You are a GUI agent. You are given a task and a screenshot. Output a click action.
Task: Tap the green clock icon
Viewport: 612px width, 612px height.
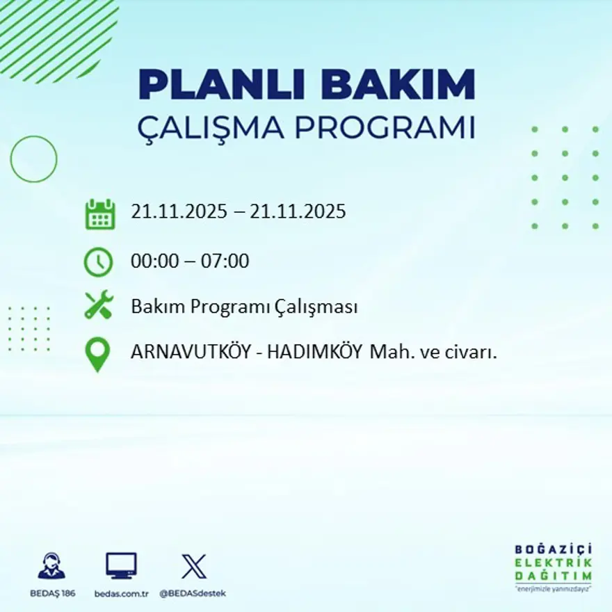point(98,262)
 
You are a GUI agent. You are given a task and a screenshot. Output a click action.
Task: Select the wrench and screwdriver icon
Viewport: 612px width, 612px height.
point(98,306)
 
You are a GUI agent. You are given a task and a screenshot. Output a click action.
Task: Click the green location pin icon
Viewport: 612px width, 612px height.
point(98,354)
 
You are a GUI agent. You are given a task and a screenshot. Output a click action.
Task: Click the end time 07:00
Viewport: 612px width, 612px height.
point(226,262)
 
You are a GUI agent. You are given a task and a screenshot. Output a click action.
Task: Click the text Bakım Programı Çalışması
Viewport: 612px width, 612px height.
point(244,307)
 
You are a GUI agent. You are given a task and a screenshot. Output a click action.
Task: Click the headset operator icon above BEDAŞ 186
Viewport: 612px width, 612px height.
point(51,566)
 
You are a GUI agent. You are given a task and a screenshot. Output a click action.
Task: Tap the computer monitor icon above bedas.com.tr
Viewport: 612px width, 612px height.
point(121,566)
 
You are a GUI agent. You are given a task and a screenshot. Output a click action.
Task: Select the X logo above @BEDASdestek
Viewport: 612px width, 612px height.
point(193,566)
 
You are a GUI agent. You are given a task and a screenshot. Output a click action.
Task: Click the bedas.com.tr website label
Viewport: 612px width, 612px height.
point(122,593)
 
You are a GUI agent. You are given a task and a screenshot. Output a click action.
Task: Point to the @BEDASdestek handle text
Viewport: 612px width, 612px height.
point(193,593)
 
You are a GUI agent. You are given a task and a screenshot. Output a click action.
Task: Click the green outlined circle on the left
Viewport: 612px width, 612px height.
point(33,159)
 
